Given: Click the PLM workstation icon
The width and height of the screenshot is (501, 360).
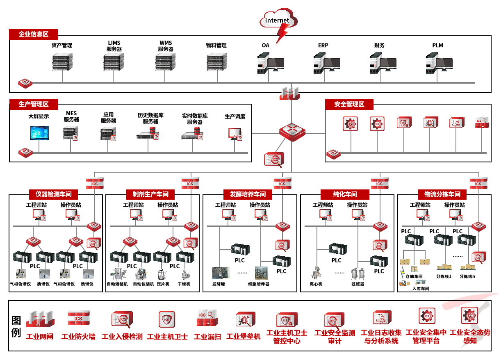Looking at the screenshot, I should coord(439,64).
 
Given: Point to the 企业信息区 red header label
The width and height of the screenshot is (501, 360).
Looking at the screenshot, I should coord(34,34).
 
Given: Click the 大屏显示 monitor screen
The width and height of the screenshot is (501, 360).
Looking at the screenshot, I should coord(39,132).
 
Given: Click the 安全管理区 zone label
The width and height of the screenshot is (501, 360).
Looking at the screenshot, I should coord(349,104).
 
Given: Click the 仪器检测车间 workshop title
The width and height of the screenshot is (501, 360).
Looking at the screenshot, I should coord(54,194).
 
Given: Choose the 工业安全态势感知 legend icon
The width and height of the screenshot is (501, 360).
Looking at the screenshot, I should coord(469,316).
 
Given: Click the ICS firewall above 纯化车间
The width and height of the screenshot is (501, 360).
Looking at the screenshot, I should coord(380,183).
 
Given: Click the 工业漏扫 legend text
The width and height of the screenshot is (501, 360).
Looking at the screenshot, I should coord(207,337).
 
